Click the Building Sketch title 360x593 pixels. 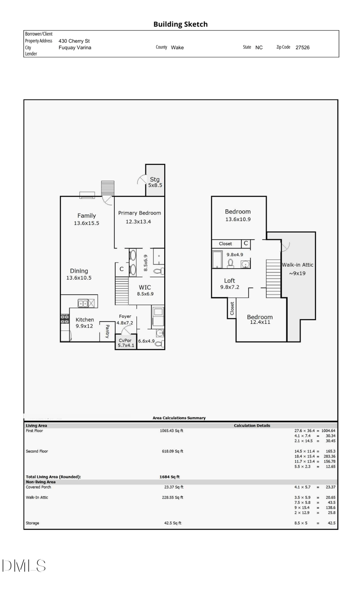coord(180,24)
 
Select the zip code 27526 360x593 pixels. coord(302,47)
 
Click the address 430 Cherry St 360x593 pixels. coord(74,41)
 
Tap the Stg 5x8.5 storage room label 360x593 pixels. coord(155,182)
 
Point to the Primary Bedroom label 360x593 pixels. coord(139,213)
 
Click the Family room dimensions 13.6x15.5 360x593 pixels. coord(86,223)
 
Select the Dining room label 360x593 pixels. coord(79,271)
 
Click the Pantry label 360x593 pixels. coord(107,331)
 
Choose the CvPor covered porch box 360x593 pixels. coord(126,343)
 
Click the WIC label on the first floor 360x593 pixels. coord(144,287)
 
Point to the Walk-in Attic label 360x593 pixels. coord(297,265)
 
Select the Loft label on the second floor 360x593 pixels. coord(229,281)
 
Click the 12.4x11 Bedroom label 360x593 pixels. coord(260,320)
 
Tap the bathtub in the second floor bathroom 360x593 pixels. coord(216,260)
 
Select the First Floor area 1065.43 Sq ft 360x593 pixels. coord(171,431)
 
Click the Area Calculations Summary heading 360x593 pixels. coord(179,418)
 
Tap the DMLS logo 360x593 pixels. coord(24,566)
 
